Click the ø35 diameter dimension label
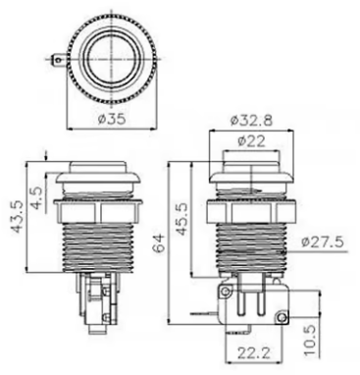click(x=112, y=119)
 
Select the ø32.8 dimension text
click(x=251, y=121)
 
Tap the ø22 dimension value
click(x=251, y=141)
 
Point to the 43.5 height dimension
click(x=18, y=216)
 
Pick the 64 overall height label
click(x=159, y=242)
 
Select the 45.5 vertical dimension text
click(x=180, y=218)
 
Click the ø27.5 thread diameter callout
click(x=322, y=242)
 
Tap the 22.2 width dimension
click(x=253, y=353)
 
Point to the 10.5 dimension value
click(x=311, y=341)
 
